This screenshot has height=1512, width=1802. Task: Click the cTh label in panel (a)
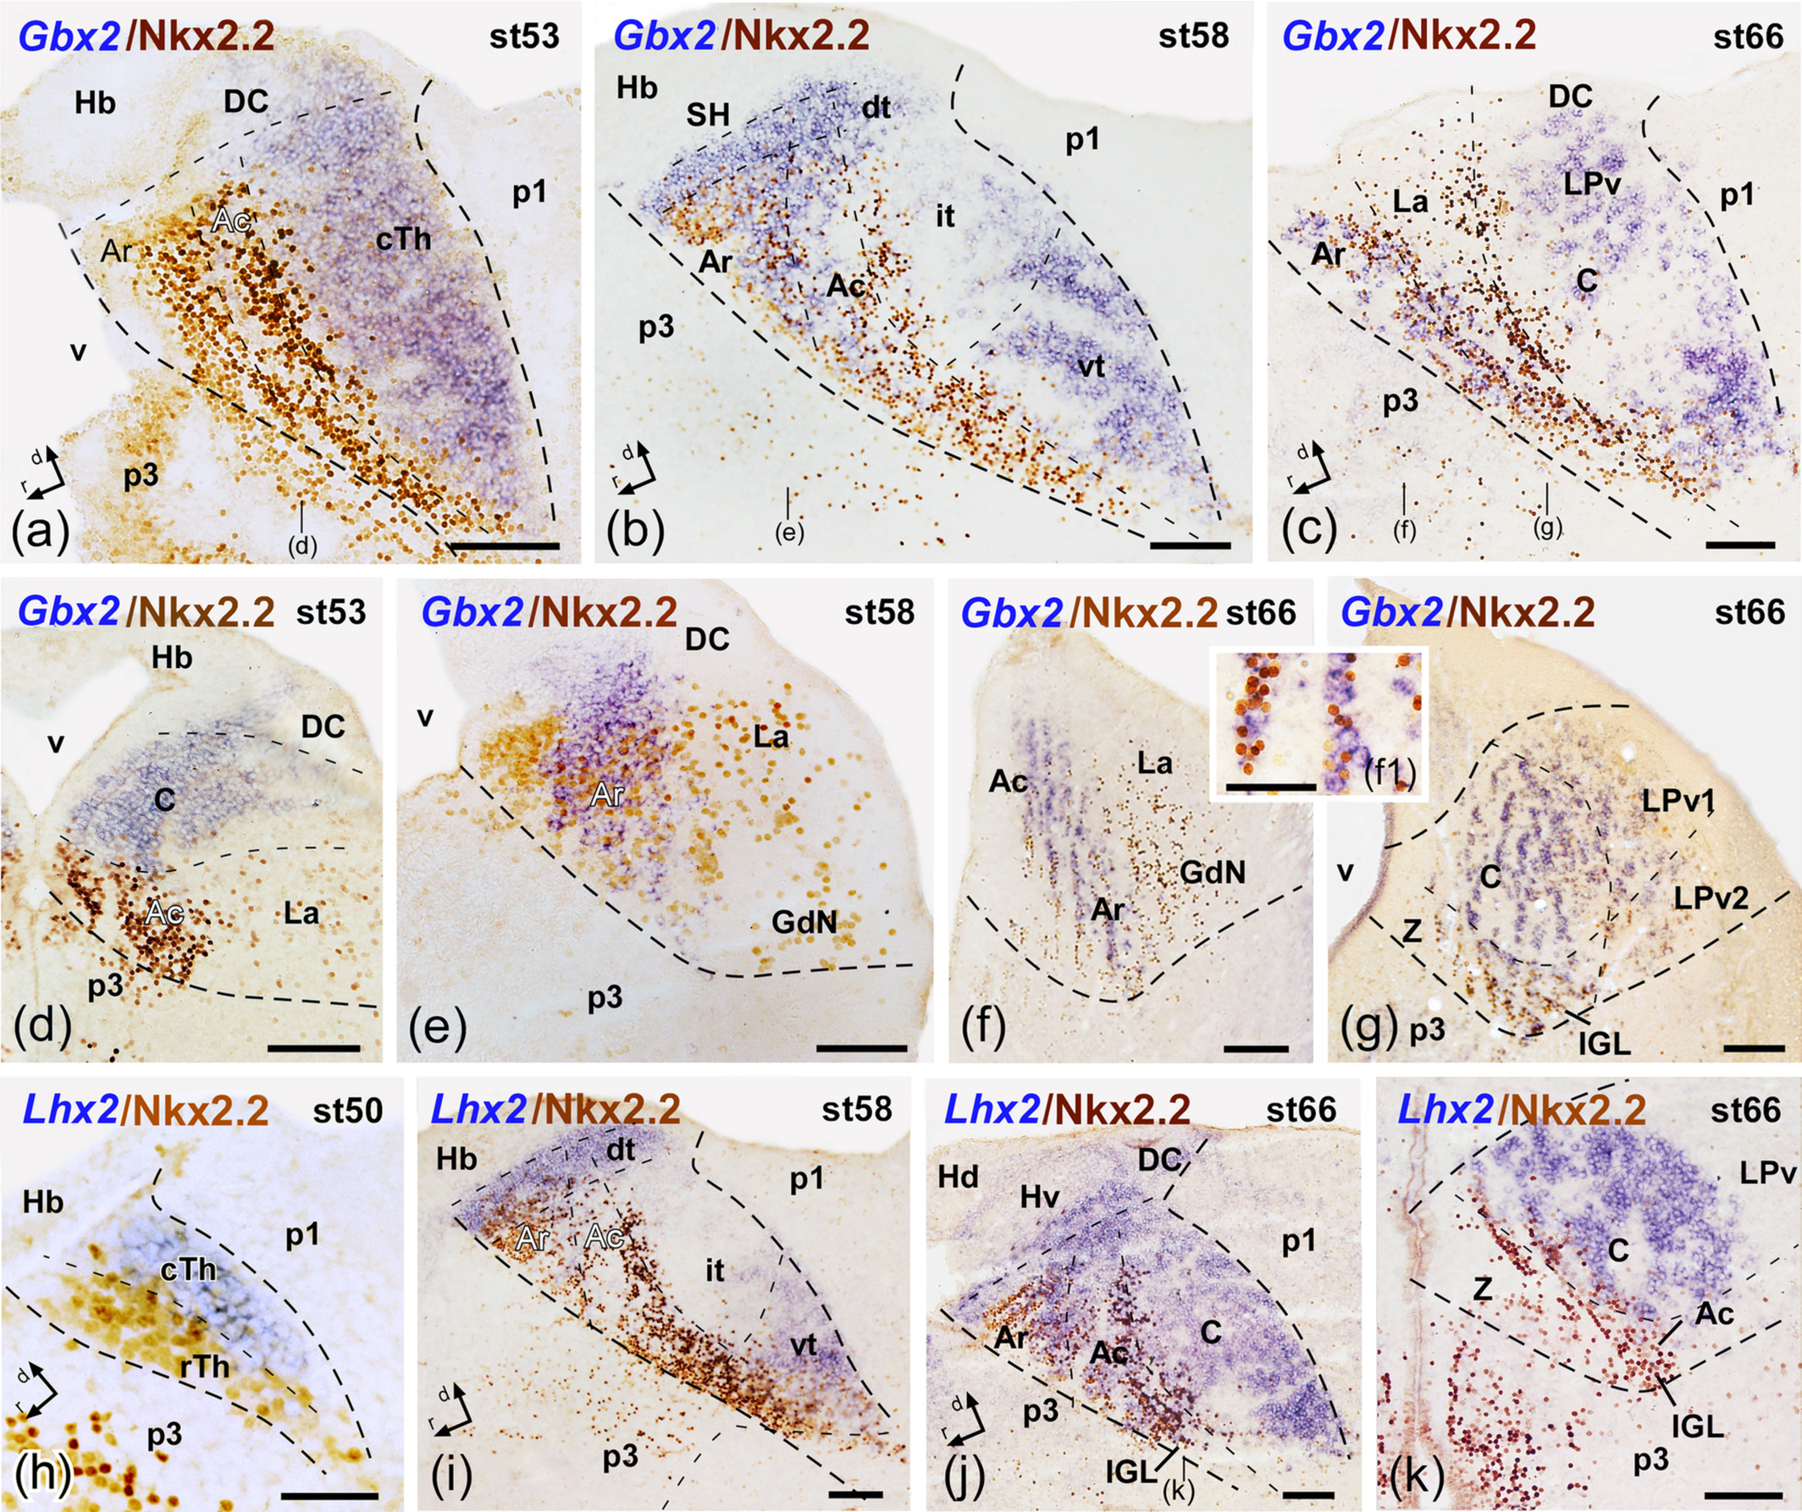point(403,240)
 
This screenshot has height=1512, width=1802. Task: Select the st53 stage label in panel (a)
point(524,36)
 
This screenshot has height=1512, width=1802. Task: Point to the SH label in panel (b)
point(707,114)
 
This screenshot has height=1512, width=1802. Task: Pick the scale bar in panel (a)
point(503,545)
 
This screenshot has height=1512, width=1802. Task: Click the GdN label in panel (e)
point(803,923)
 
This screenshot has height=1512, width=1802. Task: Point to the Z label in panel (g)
point(1412,930)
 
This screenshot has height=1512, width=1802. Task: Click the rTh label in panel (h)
point(205,1365)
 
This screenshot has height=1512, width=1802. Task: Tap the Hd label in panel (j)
point(958,1177)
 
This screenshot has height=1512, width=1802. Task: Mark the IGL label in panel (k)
point(1697,1426)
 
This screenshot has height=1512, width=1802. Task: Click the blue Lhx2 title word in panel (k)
point(1445,1111)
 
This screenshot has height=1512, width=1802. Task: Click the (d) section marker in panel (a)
point(302,546)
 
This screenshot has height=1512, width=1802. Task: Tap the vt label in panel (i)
point(803,1344)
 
